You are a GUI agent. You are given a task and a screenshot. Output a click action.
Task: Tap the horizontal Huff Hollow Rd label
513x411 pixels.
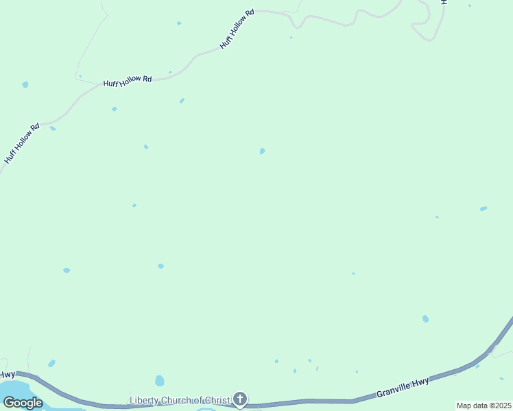tap(128, 81)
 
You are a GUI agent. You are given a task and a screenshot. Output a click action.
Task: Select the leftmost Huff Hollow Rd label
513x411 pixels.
tap(22, 144)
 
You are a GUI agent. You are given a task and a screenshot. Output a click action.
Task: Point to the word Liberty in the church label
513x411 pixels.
tap(144, 400)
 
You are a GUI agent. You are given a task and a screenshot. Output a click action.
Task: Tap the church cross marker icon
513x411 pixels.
tap(240, 399)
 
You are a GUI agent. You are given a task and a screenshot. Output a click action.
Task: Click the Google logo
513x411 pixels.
tap(22, 403)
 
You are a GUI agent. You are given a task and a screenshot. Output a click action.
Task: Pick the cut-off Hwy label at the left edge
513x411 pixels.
tap(7, 374)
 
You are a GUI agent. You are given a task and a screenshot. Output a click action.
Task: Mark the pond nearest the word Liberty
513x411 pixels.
tap(160, 380)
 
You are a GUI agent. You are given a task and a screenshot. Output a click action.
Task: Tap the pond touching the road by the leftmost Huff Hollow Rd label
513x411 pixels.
tap(53, 128)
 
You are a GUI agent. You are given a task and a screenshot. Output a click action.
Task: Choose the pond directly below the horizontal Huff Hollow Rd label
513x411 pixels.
tap(114, 109)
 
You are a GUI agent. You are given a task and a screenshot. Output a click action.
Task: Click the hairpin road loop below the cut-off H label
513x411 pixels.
tap(425, 27)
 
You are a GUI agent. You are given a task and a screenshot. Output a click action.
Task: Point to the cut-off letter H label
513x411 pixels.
tap(444, 3)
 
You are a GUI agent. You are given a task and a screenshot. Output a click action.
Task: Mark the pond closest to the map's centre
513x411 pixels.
tap(262, 151)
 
